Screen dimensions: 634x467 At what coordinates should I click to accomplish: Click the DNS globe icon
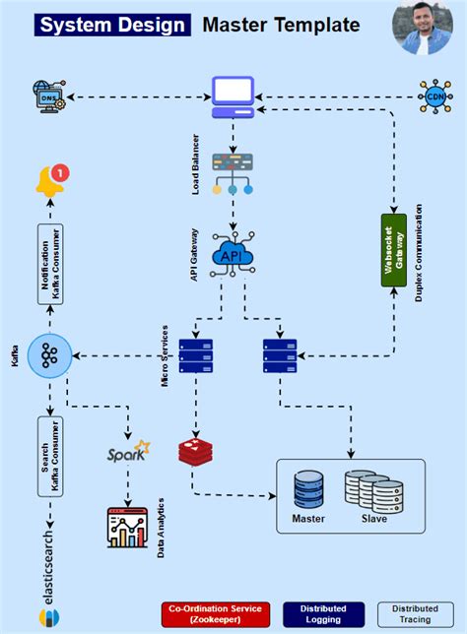coord(46,96)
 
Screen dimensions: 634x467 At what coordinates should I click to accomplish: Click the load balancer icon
coord(233,171)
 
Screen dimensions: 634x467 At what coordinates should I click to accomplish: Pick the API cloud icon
coord(233,253)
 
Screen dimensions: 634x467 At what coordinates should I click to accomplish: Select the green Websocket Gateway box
coord(393,249)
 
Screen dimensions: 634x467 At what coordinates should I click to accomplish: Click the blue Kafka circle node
coord(49,354)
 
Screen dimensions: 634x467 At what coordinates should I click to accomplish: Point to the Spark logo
coord(129,454)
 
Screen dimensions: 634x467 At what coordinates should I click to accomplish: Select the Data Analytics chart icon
coord(127,527)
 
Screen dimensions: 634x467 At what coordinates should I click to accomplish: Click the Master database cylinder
coord(308,489)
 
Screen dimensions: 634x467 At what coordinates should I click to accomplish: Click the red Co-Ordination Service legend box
coord(214,614)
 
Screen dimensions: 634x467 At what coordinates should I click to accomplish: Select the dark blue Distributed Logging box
coord(323,614)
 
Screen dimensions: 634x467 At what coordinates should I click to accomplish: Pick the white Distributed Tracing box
coord(416,614)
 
